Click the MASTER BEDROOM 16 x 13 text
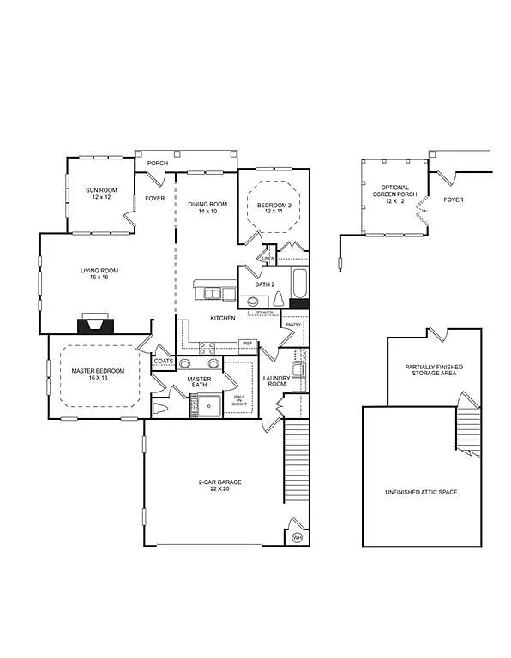click(x=99, y=374)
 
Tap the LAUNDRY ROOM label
click(x=275, y=380)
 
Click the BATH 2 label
click(x=264, y=284)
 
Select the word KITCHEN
click(x=223, y=318)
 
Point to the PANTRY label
click(x=292, y=325)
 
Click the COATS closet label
click(x=164, y=361)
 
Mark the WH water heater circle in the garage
click(x=298, y=536)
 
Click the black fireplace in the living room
click(x=94, y=324)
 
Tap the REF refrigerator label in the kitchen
click(x=248, y=343)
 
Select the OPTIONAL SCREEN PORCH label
click(x=394, y=194)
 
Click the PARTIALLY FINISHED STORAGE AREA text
click(x=434, y=369)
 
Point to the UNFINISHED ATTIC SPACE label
click(x=421, y=493)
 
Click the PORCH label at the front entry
click(x=158, y=163)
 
